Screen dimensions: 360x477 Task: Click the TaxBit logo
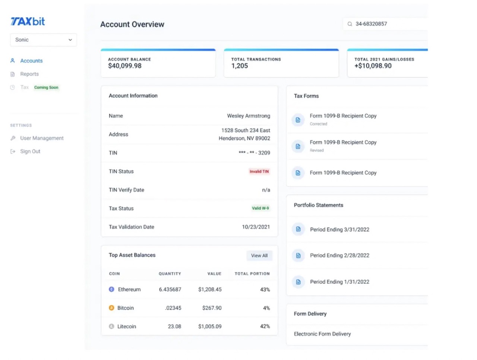28,22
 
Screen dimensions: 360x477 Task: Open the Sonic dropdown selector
43,40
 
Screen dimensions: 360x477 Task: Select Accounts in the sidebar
31,61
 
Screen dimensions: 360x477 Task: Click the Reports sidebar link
29,74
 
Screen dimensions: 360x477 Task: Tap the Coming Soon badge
46,88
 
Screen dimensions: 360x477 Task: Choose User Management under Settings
42,138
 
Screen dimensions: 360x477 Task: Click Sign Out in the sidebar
30,152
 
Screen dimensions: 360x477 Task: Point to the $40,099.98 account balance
125,66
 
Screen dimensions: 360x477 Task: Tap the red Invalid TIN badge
259,171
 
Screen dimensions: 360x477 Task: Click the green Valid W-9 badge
260,208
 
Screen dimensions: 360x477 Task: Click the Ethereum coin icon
111,289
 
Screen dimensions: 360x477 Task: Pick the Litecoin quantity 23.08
174,326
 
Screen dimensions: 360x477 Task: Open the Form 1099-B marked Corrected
343,116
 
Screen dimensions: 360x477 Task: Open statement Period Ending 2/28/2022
339,256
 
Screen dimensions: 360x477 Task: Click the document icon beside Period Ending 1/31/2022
298,282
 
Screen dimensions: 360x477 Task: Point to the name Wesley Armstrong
249,116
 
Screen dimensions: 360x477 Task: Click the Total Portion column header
252,274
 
